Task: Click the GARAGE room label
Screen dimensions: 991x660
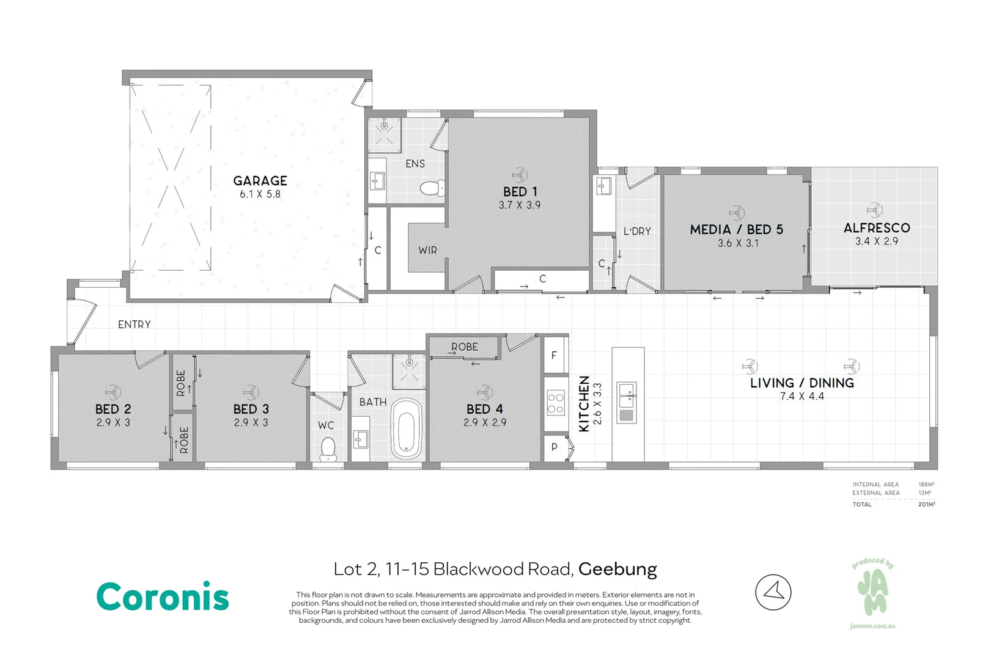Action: pos(260,180)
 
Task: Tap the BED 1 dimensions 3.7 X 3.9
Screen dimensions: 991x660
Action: pos(520,205)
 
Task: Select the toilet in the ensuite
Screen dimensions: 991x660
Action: pos(432,188)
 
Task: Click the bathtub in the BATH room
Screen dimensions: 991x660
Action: pos(406,428)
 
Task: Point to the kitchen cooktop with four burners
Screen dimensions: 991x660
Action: pos(556,403)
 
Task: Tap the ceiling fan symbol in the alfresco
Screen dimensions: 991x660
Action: pos(875,210)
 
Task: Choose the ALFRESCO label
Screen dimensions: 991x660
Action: pos(877,228)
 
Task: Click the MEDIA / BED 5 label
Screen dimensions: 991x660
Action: pos(737,230)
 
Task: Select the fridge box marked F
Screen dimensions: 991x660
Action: pos(554,355)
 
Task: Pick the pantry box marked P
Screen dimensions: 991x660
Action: pos(554,448)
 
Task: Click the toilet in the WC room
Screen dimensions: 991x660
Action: pos(328,448)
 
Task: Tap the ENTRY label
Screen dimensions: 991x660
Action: pos(134,324)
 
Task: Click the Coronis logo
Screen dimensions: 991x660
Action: pos(163,596)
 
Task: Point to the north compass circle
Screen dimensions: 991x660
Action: pos(773,592)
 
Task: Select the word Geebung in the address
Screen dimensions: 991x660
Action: pos(617,570)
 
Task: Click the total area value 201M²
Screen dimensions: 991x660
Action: pos(926,504)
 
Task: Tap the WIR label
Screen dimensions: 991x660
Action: pos(428,251)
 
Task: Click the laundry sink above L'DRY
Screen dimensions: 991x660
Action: pos(604,186)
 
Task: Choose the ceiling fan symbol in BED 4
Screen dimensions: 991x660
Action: pos(485,392)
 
